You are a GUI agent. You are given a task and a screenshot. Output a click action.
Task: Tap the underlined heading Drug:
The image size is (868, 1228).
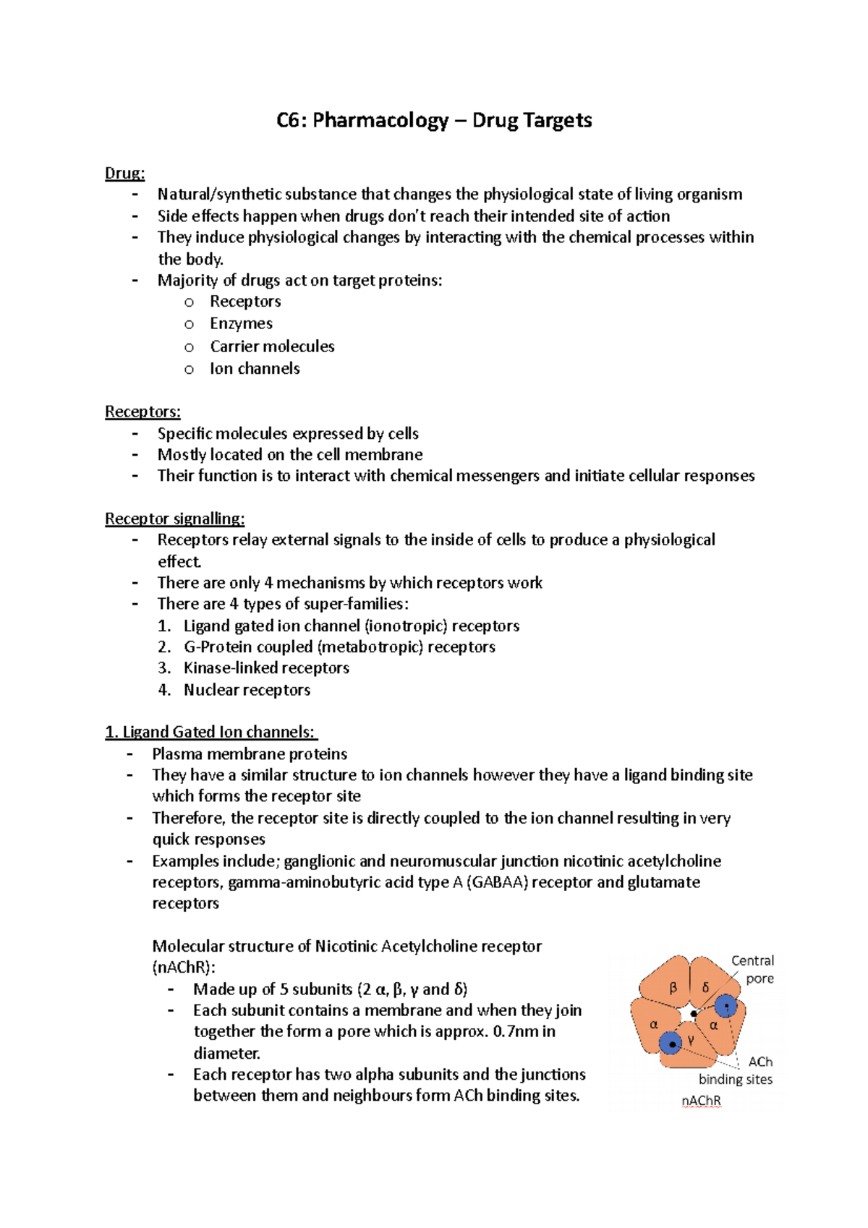[124, 173]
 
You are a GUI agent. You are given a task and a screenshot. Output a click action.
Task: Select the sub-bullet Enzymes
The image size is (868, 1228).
[241, 324]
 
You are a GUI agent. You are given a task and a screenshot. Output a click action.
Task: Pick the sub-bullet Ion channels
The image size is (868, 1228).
[255, 369]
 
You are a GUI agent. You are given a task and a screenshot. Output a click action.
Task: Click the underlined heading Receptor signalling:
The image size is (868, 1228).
[174, 519]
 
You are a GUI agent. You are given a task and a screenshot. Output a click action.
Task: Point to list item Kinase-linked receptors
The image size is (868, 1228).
[266, 668]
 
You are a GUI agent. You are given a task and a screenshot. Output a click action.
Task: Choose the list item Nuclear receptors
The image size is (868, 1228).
[247, 690]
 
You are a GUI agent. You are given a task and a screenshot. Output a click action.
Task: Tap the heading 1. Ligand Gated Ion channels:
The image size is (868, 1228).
[211, 732]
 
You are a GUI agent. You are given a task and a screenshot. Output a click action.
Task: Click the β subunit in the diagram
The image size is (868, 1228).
[673, 988]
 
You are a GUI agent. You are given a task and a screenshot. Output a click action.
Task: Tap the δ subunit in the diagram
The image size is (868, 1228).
[705, 987]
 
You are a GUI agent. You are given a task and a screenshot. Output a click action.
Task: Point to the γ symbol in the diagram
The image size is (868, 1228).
[691, 1039]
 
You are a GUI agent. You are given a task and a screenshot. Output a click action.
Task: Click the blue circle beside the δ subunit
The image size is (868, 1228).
[726, 1005]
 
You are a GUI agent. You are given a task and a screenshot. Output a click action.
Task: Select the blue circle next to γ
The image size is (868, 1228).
[671, 1044]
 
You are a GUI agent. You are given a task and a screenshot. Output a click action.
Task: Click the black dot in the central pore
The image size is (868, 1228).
[694, 1014]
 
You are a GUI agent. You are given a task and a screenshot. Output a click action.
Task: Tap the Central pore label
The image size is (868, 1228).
[753, 969]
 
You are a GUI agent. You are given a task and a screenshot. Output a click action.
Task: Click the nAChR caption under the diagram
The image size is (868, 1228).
[701, 1101]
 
